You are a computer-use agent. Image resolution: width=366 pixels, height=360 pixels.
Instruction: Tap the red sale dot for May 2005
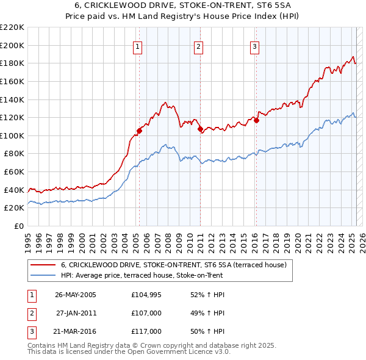(x=139, y=131)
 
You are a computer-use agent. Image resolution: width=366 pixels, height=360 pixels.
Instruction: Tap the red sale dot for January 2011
(x=200, y=129)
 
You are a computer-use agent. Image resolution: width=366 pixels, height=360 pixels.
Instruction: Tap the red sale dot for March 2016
(x=256, y=120)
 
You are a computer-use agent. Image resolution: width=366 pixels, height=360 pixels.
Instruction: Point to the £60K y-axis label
(x=14, y=172)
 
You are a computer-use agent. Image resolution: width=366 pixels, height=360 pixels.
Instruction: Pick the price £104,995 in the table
(x=146, y=295)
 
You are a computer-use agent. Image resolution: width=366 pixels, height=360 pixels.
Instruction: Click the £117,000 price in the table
(x=146, y=331)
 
